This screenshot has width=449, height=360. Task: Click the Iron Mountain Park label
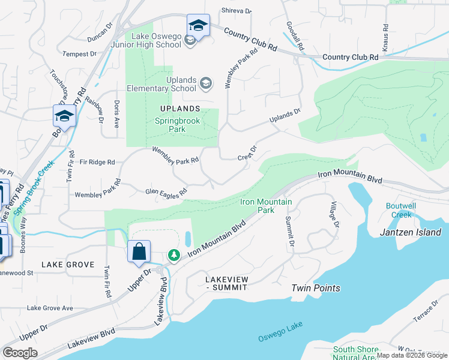266,206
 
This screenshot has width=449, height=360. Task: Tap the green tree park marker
174,256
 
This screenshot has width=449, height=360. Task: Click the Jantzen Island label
411,232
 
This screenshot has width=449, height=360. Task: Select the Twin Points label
316,288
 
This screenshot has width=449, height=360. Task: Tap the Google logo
20,352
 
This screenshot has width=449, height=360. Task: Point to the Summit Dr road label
289,232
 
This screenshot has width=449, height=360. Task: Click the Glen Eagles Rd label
166,192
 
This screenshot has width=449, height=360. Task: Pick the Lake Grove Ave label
50,308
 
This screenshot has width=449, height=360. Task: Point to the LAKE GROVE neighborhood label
67,265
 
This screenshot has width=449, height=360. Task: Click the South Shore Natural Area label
356,353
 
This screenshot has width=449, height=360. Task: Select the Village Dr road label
334,214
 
